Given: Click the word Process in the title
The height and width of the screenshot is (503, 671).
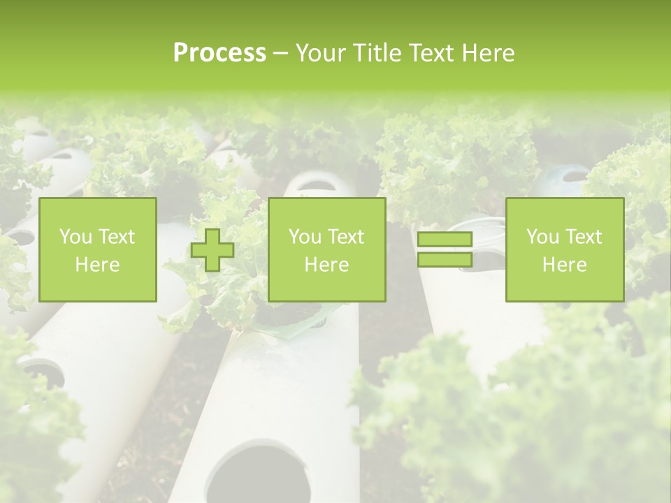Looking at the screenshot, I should point(219,53).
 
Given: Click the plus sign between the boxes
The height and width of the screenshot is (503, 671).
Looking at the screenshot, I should point(212,250).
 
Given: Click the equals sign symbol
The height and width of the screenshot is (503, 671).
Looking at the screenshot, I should point(445,249).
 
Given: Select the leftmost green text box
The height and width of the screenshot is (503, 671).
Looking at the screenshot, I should point(98,250).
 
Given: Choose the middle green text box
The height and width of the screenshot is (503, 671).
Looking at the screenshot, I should point(327,250).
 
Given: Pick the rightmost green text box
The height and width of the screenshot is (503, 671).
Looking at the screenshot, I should point(565,250).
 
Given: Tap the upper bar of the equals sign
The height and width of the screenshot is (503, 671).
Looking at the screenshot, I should point(445,240).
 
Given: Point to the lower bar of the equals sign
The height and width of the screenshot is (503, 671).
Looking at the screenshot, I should point(445,260).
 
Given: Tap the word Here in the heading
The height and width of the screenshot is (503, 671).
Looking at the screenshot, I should point(488,53).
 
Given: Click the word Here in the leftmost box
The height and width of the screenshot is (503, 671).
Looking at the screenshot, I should point(98,265).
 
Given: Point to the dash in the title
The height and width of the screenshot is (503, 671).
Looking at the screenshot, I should point(280,53).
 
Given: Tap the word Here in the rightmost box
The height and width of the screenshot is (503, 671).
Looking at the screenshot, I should point(565,265).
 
